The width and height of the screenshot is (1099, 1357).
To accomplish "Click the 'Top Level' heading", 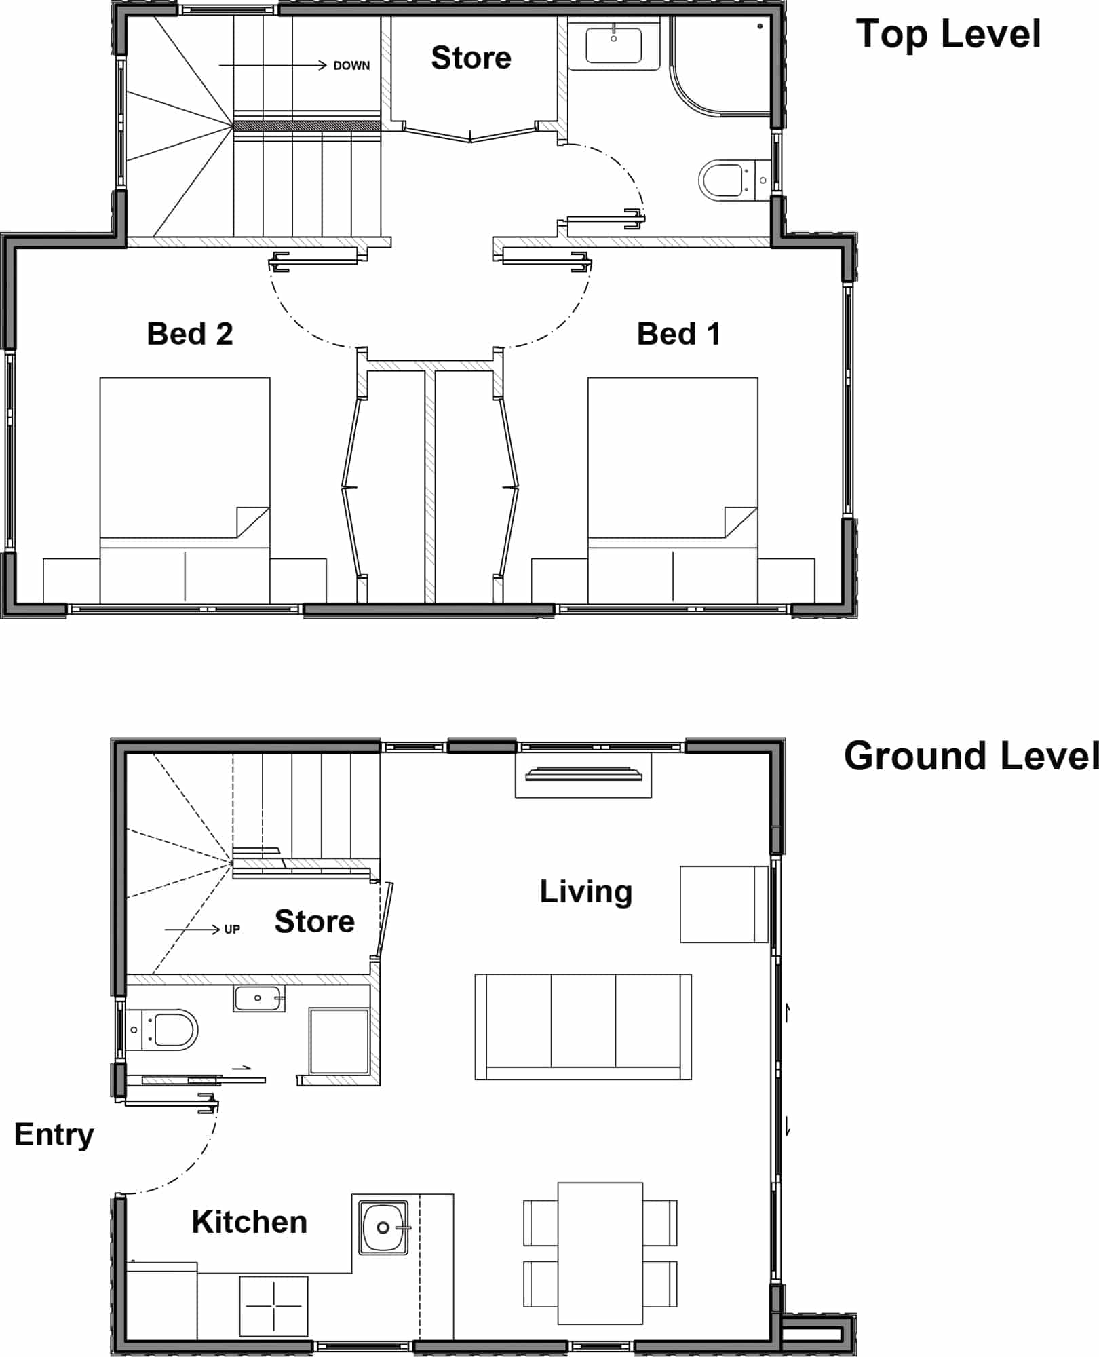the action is click(948, 35).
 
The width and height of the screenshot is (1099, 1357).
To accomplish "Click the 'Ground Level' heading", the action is click(971, 756).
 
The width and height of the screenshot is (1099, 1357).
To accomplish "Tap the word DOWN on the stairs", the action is click(351, 66).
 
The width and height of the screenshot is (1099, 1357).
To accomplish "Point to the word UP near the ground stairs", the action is click(232, 930).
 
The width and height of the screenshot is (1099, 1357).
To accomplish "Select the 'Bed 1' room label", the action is click(678, 334).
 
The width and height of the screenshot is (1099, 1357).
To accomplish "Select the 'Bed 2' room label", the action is click(190, 334).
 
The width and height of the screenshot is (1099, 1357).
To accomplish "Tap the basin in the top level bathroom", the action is click(614, 44).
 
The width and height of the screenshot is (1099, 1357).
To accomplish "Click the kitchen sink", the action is click(383, 1227).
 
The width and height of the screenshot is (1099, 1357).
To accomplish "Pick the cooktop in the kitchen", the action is click(273, 1305).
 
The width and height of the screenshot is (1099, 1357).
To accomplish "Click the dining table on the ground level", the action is click(600, 1253).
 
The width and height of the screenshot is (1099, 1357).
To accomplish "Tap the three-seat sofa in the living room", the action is click(583, 1027).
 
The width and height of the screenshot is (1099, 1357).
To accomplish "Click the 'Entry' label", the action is click(54, 1135).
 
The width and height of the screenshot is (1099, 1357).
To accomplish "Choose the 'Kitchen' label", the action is click(250, 1222).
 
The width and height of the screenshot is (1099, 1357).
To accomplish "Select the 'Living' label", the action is click(586, 892).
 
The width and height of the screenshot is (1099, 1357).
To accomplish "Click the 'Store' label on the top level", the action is click(471, 58).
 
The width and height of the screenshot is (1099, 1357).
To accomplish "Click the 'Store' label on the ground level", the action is click(315, 921).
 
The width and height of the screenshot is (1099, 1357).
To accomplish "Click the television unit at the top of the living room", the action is click(583, 775).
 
